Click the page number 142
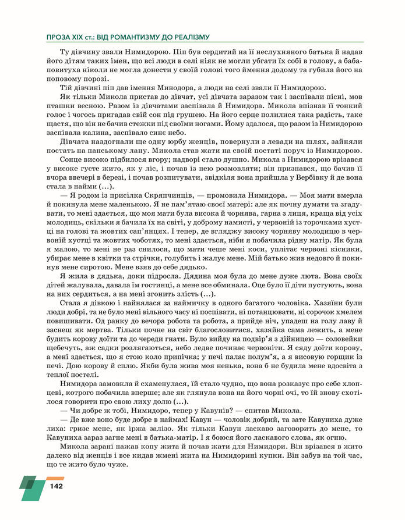(57, 486)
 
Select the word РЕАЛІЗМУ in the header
(188, 36)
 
